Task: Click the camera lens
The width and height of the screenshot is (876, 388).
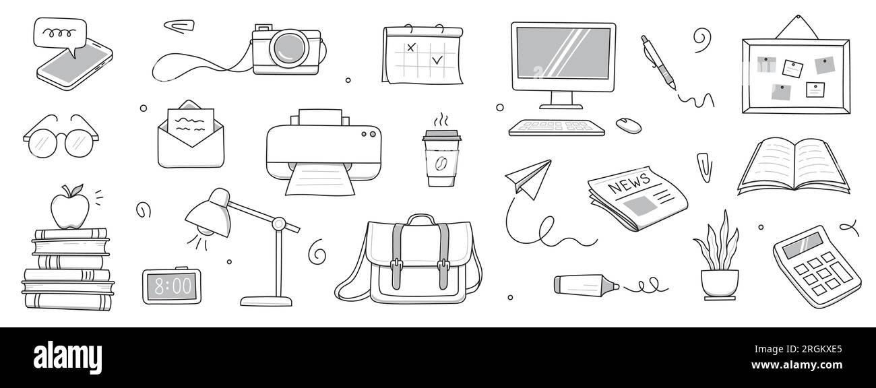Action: click(289, 48)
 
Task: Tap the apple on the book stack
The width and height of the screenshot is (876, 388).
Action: click(70, 207)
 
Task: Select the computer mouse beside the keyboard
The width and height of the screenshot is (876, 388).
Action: click(629, 125)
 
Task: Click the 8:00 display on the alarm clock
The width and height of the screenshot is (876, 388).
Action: click(172, 286)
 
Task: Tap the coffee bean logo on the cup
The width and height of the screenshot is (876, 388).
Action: click(441, 163)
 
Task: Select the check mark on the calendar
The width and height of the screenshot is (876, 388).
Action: click(437, 60)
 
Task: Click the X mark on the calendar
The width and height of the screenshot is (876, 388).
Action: click(410, 47)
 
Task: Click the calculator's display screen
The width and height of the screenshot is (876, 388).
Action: click(803, 245)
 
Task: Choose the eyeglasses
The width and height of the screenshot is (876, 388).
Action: click(61, 137)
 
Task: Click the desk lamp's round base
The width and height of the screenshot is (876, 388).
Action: click(266, 301)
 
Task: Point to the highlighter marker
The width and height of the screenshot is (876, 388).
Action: click(586, 285)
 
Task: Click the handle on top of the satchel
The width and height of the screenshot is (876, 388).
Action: click(420, 219)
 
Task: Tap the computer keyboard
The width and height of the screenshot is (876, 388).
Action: click(557, 127)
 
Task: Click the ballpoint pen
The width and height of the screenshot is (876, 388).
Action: click(658, 63)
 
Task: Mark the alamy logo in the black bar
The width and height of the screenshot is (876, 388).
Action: click(67, 357)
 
